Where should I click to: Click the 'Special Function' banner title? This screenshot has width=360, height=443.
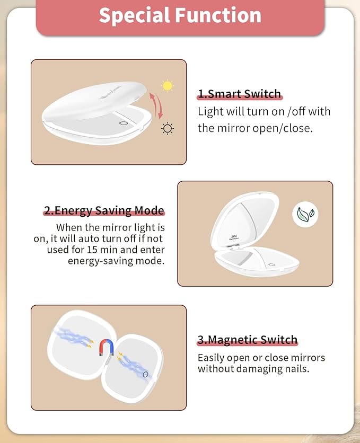coord(180,15)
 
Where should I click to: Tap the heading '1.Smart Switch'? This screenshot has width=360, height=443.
coord(239,94)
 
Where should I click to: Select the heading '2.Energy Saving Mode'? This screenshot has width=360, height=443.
coord(104,211)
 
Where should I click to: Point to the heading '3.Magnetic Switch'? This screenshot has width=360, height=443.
coord(247,340)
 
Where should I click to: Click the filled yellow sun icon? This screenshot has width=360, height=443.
coord(168,86)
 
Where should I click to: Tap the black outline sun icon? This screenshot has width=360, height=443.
coord(168,129)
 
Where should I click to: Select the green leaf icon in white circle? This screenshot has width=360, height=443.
coord(305,215)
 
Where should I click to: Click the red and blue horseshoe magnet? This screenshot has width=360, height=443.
coord(107,348)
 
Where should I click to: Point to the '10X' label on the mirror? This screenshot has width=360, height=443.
coord(234,236)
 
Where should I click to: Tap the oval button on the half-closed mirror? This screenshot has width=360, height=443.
coord(123,123)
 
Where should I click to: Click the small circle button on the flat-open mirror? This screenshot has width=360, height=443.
coord(145,374)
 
